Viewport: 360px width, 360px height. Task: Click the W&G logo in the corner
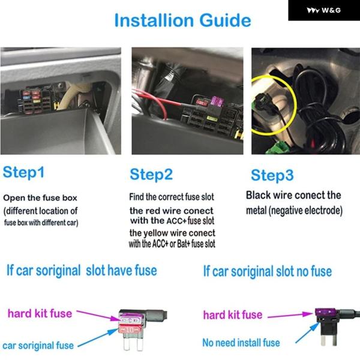tap(324, 10)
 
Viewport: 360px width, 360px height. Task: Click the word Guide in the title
tap(225, 20)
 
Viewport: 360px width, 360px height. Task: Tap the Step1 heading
tap(23, 172)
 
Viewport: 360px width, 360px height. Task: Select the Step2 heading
tap(151, 175)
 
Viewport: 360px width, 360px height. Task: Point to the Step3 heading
tap(272, 175)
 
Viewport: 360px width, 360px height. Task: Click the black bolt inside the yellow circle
tap(264, 102)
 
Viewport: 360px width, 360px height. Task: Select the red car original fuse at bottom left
tap(130, 330)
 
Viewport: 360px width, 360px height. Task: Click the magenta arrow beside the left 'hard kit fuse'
tap(98, 315)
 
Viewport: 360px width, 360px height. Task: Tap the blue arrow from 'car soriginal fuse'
tap(98, 338)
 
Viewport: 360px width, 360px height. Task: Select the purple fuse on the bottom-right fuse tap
tap(326, 312)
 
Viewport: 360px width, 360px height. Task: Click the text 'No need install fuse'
tap(241, 343)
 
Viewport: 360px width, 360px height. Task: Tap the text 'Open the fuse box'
tap(40, 197)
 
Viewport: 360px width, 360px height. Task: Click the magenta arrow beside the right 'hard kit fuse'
tap(290, 315)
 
